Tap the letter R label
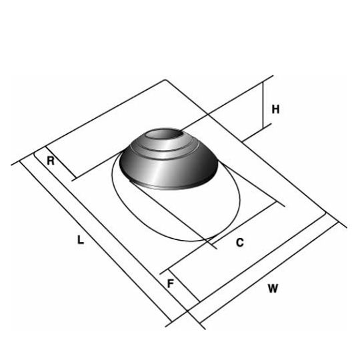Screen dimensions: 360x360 [x=51, y=161]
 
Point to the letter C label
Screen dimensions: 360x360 [x=240, y=243]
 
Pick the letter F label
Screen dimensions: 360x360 [x=171, y=283]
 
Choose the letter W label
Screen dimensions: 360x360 [x=273, y=289]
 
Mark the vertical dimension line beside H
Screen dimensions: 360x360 [x=264, y=110]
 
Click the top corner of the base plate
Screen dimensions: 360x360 [x=165, y=81]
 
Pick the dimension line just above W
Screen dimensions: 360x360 [x=267, y=267]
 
